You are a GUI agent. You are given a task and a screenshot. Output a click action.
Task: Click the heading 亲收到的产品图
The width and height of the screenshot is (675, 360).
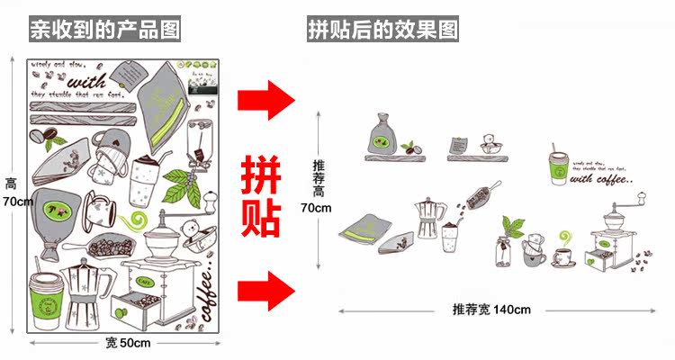104,31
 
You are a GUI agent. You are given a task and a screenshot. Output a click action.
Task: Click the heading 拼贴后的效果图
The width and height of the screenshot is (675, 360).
382,31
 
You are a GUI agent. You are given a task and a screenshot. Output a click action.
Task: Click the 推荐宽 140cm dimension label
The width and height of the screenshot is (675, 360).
491,310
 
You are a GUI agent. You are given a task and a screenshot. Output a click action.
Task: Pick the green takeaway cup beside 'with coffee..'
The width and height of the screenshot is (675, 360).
561,167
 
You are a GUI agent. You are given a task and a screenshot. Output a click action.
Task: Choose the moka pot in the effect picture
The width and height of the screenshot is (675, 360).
429,221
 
